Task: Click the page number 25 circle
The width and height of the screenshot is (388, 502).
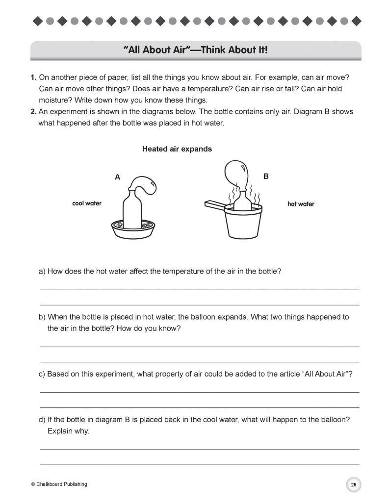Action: pyautogui.click(x=353, y=484)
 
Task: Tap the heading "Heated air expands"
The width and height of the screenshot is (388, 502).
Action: pyautogui.click(x=177, y=149)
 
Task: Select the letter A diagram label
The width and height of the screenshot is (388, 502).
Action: pyautogui.click(x=117, y=178)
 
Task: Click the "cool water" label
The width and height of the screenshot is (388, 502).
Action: pyautogui.click(x=86, y=203)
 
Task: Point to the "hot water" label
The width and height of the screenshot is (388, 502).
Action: pyautogui.click(x=301, y=204)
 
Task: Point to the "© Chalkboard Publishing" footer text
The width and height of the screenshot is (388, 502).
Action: pyautogui.click(x=59, y=484)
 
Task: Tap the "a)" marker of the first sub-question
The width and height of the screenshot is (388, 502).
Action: pyautogui.click(x=42, y=271)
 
